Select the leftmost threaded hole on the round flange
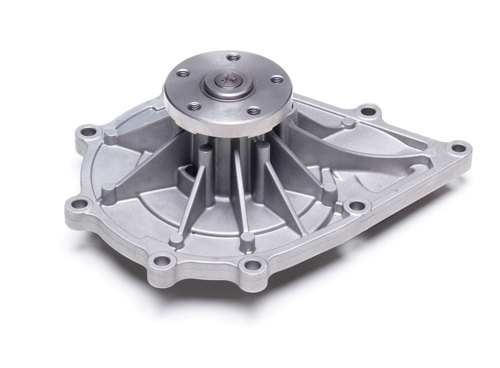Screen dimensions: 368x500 (182, 73)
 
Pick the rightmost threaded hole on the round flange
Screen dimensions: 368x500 (276, 80)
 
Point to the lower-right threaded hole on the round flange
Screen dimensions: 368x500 (253, 110)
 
